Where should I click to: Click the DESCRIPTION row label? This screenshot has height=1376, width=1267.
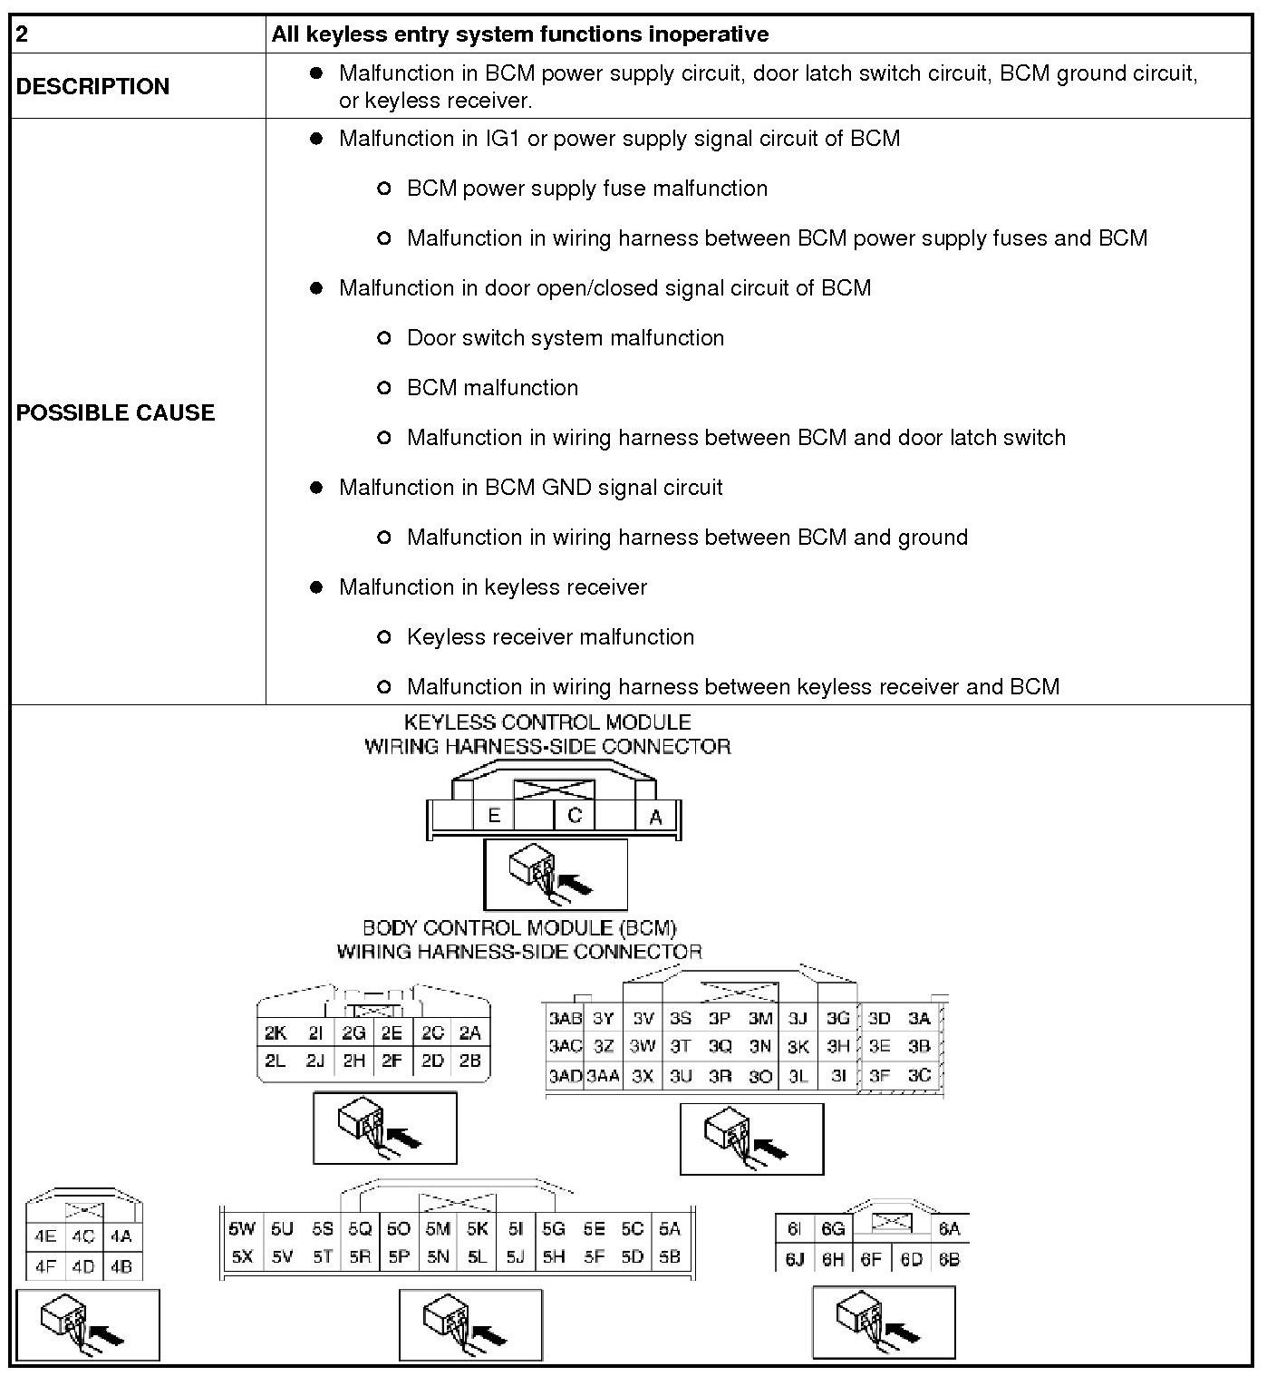coord(92,86)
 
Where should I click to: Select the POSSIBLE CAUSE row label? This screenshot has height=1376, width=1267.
coord(115,412)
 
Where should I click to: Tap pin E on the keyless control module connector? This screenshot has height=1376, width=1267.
coord(494,815)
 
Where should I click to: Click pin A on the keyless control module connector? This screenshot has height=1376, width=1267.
coord(656,817)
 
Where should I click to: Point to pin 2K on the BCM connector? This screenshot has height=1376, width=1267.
coord(276,1032)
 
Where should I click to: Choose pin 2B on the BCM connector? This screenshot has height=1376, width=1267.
coord(469,1061)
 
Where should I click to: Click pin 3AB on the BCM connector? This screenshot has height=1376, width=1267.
coord(566,1018)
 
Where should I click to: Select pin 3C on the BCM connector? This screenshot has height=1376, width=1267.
coord(919,1075)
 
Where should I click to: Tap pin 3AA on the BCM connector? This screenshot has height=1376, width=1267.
coord(603,1076)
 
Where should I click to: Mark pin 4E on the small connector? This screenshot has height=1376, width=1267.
coord(44,1235)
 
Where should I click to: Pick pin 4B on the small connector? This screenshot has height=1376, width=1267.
coord(121,1265)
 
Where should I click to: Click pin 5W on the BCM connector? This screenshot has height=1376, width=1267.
coord(242,1228)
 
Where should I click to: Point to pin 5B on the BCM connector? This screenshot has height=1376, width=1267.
coord(670,1256)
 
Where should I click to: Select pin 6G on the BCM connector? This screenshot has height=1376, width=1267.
coord(833,1228)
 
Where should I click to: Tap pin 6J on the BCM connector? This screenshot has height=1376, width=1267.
coord(795,1259)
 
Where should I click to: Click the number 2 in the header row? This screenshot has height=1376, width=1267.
coord(23,34)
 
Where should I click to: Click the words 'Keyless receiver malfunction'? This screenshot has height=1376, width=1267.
coord(550,636)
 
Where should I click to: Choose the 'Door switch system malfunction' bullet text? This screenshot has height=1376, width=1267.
coord(566,337)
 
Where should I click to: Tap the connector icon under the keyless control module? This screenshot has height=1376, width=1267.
coord(556,874)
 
